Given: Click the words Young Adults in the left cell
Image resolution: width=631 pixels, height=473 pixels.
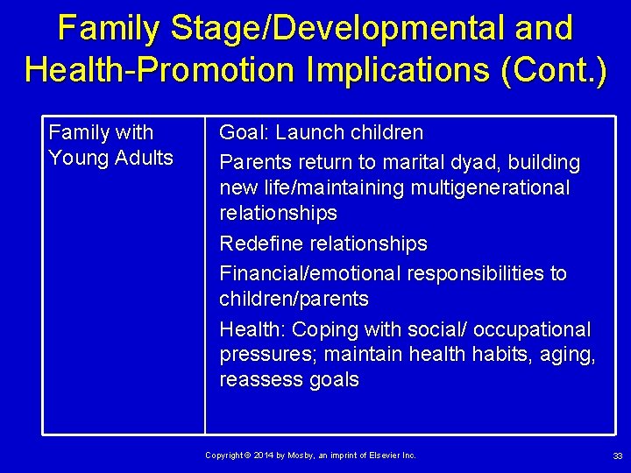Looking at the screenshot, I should pos(110,159).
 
